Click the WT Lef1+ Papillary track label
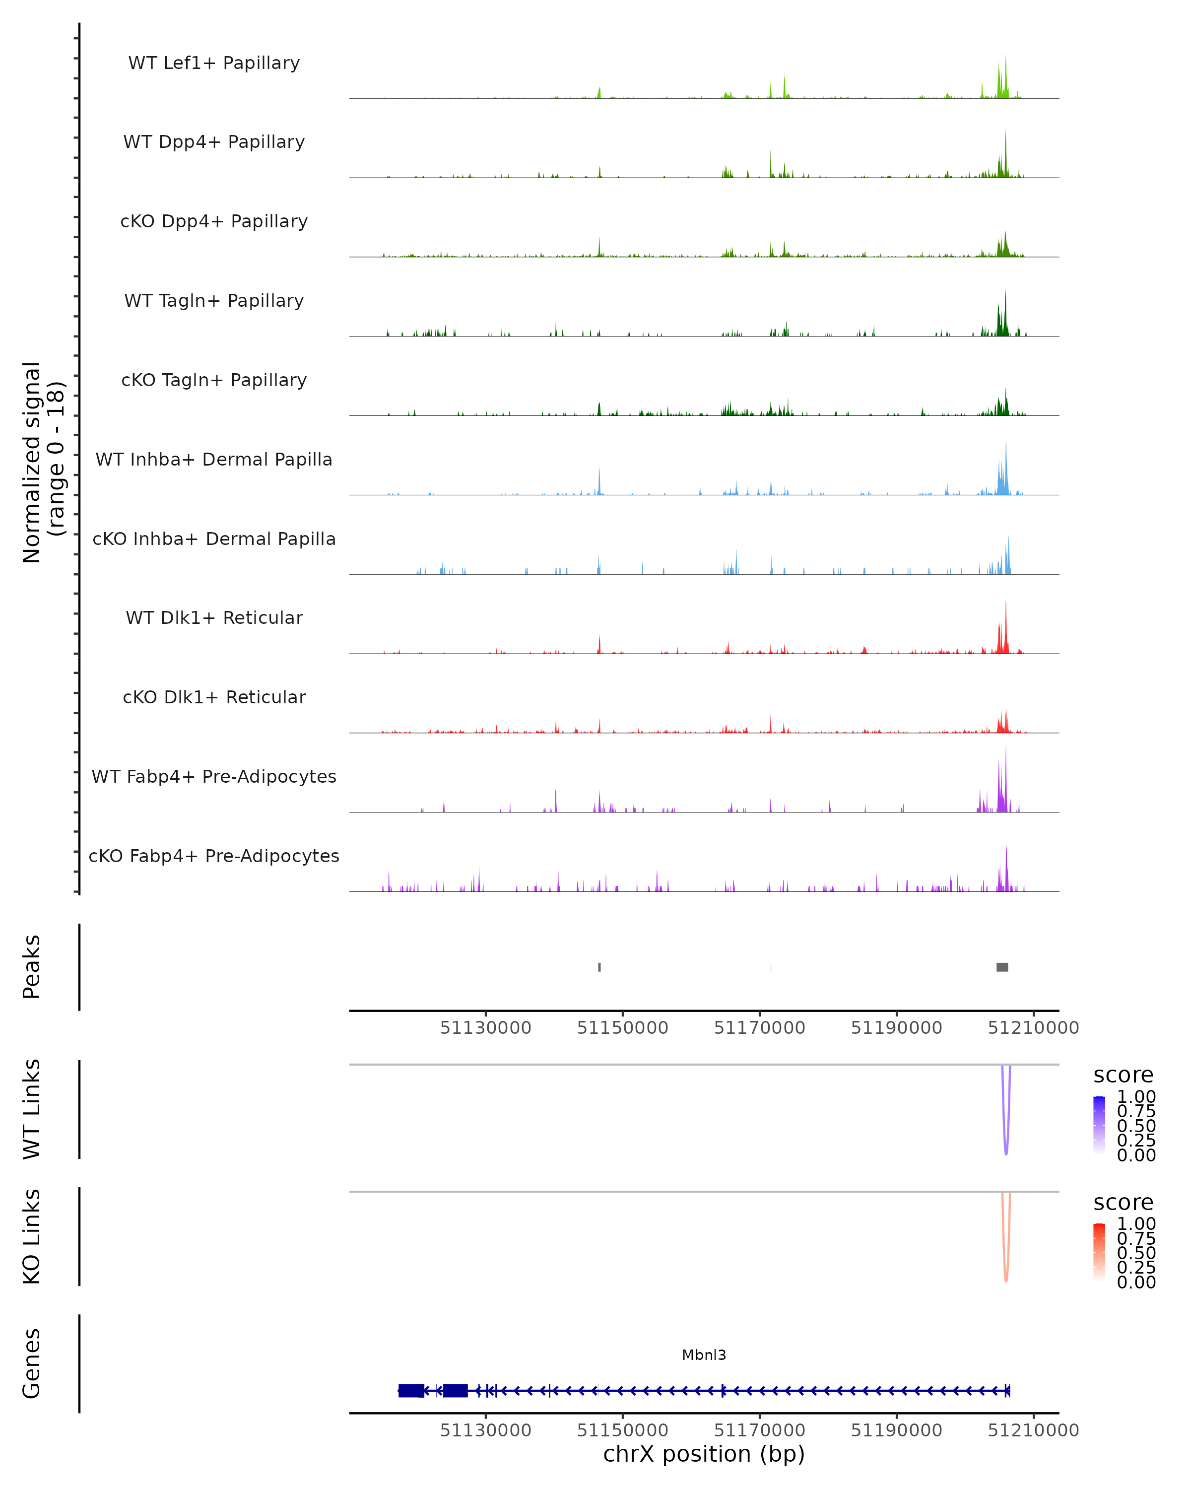point(214,63)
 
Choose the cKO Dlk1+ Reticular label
point(214,697)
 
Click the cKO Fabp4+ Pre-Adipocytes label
point(214,856)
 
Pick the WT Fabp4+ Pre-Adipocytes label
point(214,776)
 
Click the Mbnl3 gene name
point(704,1354)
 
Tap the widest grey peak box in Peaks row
point(1002,967)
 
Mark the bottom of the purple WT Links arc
point(1006,1153)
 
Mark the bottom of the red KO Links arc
point(1006,1281)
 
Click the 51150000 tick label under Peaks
point(622,1028)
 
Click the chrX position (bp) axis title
point(704,1454)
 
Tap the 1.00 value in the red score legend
point(1136,1223)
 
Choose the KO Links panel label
point(32,1236)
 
